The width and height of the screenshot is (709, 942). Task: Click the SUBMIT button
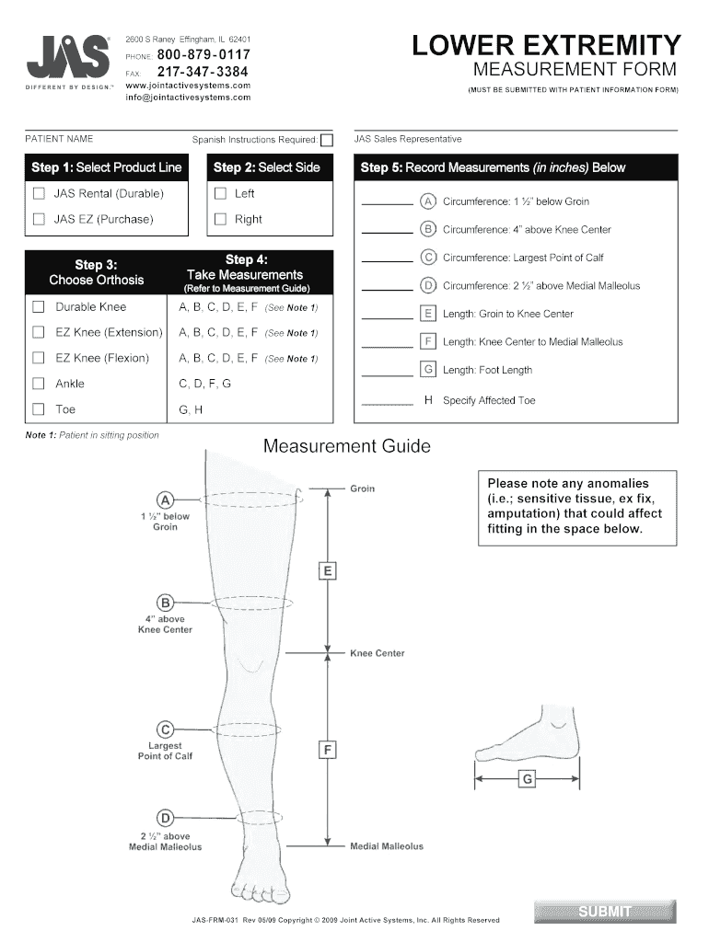(x=605, y=911)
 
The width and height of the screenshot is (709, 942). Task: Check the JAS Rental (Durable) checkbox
(x=39, y=194)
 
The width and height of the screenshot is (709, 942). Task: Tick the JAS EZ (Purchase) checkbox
(x=39, y=220)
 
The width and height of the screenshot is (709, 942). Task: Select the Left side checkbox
(x=220, y=194)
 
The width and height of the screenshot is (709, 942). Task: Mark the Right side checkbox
(x=220, y=220)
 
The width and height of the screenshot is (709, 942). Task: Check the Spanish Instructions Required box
(x=326, y=141)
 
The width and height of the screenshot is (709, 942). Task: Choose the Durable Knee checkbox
(x=39, y=306)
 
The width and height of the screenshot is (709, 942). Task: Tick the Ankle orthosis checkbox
(x=39, y=384)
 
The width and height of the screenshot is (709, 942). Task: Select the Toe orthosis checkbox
(x=39, y=409)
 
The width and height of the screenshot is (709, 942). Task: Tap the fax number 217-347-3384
(x=203, y=71)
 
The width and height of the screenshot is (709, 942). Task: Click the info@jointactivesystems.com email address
(x=188, y=97)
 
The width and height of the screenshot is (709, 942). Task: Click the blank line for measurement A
(x=387, y=202)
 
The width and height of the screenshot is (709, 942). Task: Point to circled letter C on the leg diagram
(x=166, y=729)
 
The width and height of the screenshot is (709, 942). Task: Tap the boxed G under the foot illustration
(x=527, y=780)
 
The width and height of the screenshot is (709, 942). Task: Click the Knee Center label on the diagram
(x=377, y=654)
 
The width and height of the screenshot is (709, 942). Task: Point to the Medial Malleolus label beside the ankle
(x=387, y=846)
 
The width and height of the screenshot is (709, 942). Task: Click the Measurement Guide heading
(x=347, y=447)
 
